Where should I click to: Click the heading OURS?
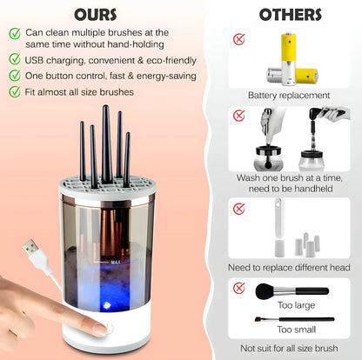(x=96, y=15)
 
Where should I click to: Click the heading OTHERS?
(x=291, y=15)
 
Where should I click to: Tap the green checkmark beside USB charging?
(x=15, y=59)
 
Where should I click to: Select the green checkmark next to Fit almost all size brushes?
(x=15, y=91)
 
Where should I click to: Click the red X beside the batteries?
(x=239, y=39)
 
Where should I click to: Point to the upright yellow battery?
(x=288, y=59)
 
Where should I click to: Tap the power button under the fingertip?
(x=109, y=329)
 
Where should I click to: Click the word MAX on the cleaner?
(x=116, y=262)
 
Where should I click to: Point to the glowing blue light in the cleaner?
(x=106, y=305)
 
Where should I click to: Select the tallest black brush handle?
(x=106, y=144)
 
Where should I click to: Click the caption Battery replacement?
(x=289, y=95)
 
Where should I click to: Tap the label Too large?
(x=296, y=305)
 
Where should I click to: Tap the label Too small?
(x=296, y=330)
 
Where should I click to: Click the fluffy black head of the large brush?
(x=265, y=291)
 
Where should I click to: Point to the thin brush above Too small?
(x=294, y=319)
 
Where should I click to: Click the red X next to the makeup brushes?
(x=239, y=288)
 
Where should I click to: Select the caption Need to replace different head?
(x=289, y=267)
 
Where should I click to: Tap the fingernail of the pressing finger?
(x=100, y=330)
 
